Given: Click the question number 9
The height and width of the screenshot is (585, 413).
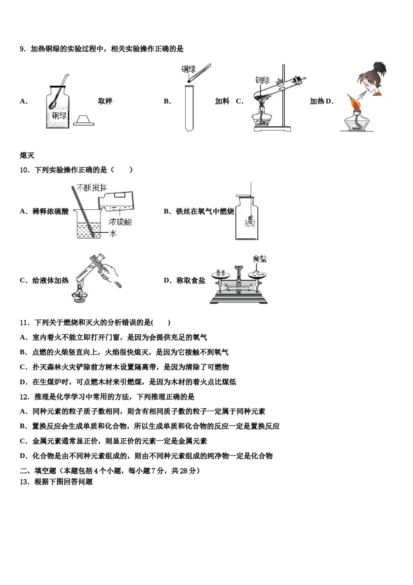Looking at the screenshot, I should tap(23, 49).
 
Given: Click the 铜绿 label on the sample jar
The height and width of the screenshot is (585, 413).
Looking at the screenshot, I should tap(59, 115).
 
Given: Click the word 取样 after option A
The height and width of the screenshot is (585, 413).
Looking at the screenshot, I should tap(105, 101).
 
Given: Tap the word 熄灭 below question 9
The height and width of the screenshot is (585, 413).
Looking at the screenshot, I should tap(27, 155).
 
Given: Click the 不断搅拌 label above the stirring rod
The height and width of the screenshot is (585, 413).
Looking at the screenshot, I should tap(91, 188).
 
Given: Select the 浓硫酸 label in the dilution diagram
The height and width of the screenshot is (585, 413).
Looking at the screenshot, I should tap(120, 222).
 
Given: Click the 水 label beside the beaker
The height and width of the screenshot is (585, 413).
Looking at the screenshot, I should tap(113, 233).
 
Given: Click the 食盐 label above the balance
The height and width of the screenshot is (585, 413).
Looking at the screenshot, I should tap(260, 259).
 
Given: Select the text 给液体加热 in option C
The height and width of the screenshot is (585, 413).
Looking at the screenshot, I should tap(50, 280).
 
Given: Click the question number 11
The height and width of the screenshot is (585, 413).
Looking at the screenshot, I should tap(24, 323).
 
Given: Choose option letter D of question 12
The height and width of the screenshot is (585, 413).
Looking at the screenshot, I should tap(23, 456).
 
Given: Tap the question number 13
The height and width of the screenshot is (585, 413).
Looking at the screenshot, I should tap(24, 482).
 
